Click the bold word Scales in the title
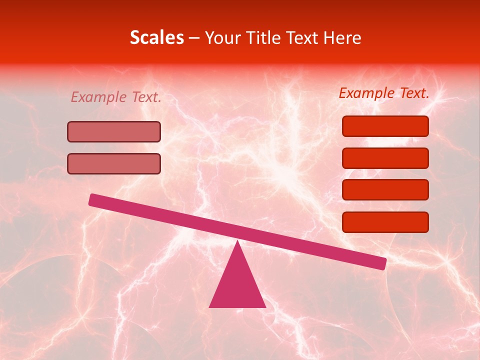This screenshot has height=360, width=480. tap(156, 38)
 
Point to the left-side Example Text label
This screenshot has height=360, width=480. tap(116, 97)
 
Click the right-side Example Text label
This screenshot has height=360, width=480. tap(384, 93)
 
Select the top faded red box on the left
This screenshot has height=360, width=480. tap(114, 132)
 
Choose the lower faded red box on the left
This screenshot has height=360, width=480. tap(114, 163)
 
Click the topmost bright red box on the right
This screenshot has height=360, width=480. tap(385, 126)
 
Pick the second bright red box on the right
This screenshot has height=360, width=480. tap(385, 158)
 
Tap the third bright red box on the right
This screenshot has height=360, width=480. tap(385, 190)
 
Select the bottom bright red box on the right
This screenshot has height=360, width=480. tap(385, 222)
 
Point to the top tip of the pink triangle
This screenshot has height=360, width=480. tap(237, 241)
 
